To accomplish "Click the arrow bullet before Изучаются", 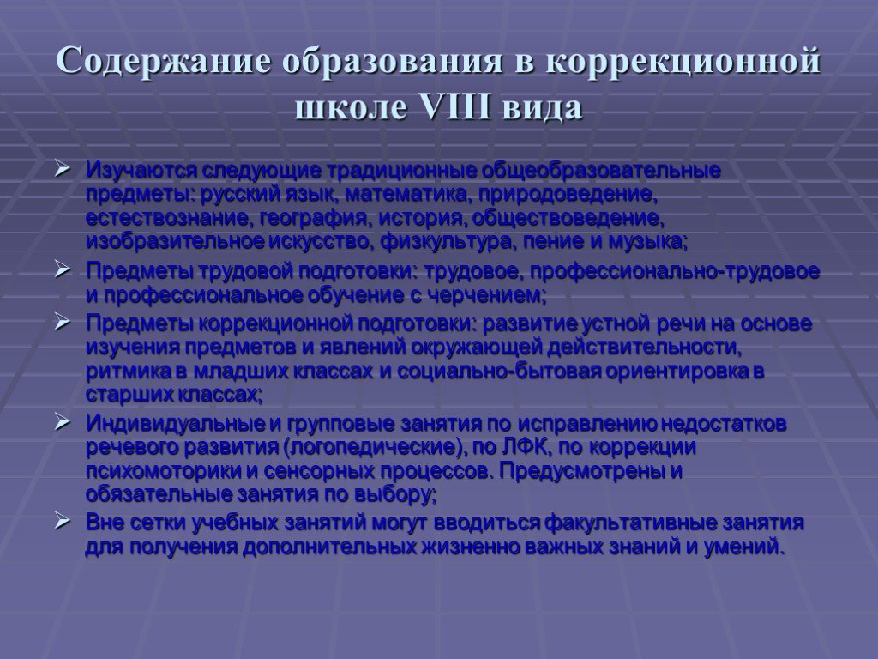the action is tap(62, 168).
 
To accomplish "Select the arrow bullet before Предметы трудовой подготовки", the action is tap(62, 270).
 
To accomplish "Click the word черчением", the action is tap(487, 295).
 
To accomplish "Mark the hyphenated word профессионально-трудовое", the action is tap(675, 272).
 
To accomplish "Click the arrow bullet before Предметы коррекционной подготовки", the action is tap(62, 323).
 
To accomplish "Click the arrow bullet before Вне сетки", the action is tap(62, 522).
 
